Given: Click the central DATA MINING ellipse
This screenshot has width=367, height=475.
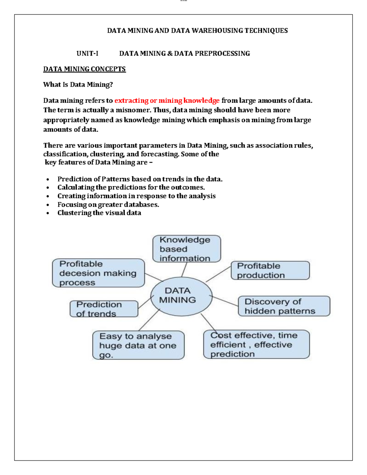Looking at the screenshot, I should tap(181, 296).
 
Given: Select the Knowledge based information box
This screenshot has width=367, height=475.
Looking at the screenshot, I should tap(187, 249).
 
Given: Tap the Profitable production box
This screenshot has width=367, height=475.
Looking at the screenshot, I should tap(270, 270).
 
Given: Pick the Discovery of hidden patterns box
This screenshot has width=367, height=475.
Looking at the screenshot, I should tap(284, 306).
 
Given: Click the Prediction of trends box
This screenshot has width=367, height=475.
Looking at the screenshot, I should tap(104, 309).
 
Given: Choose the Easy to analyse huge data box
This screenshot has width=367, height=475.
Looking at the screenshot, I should tap(138, 345).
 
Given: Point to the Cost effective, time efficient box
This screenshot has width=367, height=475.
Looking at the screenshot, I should tap(256, 344).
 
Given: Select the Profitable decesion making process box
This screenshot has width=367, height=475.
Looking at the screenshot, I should tap(98, 273).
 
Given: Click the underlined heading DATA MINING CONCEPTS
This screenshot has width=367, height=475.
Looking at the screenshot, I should tap(84, 69).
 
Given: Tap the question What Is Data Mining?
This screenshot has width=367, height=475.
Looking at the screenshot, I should tap(78, 85).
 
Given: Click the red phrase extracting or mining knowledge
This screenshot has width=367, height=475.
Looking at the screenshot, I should tap(167, 101).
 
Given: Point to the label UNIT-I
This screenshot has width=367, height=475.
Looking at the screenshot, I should tap(87, 54).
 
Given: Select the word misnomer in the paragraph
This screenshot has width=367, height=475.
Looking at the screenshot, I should tap(133, 110).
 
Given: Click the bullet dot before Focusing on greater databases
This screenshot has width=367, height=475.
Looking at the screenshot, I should tap(48, 205).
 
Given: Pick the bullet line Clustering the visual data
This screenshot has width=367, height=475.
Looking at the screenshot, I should tap(99, 213).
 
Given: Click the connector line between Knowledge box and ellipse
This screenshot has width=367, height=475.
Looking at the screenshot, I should tap(184, 269).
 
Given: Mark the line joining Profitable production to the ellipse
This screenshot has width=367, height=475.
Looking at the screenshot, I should tap(218, 274).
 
